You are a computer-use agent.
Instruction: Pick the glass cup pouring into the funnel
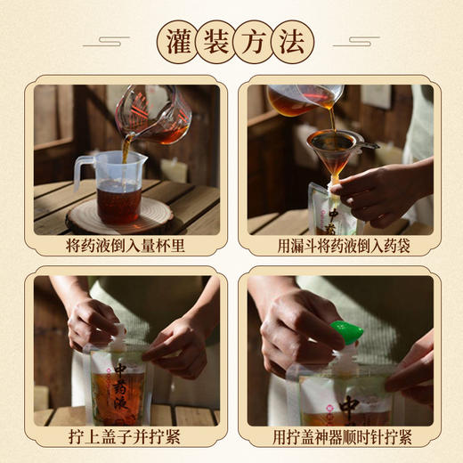point(303,100)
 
